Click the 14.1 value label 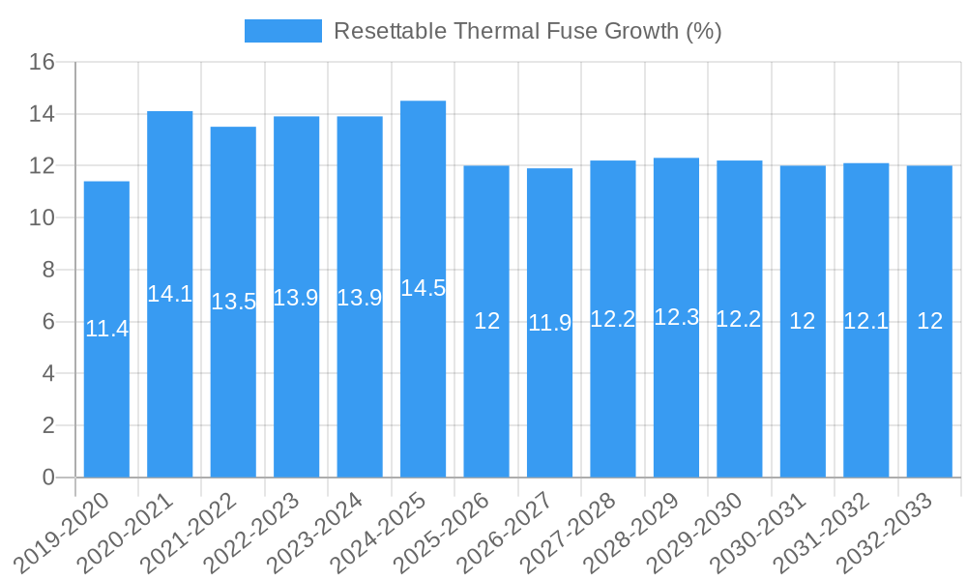pyautogui.click(x=170, y=294)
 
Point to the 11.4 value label pyautogui.click(x=106, y=329)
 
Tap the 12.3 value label pyautogui.click(x=677, y=317)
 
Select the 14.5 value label pyautogui.click(x=424, y=288)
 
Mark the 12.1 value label pyautogui.click(x=866, y=321)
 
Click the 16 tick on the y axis pyautogui.click(x=42, y=63)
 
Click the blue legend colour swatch pyautogui.click(x=282, y=31)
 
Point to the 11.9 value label pyautogui.click(x=550, y=323)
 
